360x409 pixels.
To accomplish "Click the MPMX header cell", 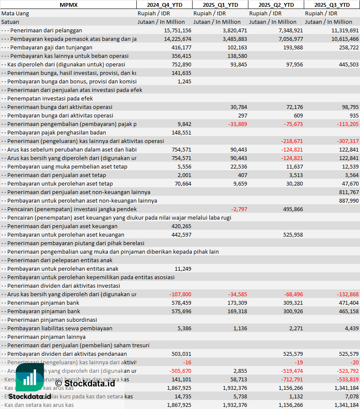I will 68,5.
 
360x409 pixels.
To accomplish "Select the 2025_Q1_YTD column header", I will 220,5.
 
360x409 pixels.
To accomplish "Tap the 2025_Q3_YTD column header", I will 332,5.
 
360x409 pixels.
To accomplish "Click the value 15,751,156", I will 177,30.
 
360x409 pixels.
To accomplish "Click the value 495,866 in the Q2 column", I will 292,209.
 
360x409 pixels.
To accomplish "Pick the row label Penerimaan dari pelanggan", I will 46,30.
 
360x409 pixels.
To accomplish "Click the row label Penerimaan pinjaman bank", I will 43,303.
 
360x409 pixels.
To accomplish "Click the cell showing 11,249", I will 183,269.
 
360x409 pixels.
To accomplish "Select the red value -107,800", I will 180,294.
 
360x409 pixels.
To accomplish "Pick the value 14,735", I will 182,396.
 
